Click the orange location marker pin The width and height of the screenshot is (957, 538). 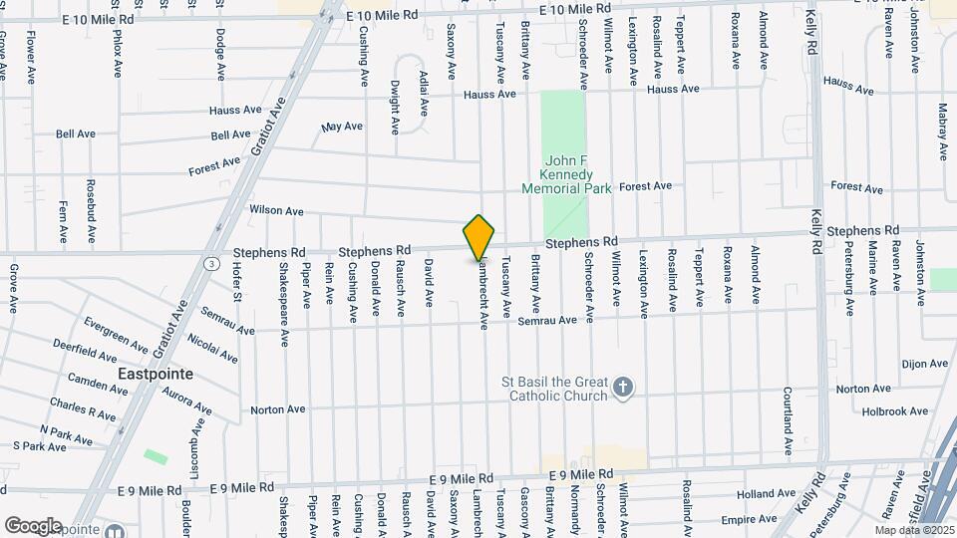tap(479, 237)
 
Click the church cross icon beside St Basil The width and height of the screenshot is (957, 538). tap(623, 388)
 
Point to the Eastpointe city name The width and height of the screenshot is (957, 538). tap(155, 374)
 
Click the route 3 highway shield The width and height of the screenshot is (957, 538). tap(212, 264)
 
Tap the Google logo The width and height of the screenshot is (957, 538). tap(33, 525)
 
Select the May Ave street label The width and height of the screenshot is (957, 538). tap(342, 127)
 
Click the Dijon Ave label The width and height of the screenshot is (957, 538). tap(923, 364)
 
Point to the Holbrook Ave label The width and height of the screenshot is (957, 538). tap(894, 410)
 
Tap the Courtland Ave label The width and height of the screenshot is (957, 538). tap(788, 408)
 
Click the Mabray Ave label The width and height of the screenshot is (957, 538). tap(942, 132)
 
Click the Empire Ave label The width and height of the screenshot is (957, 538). tap(749, 519)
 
